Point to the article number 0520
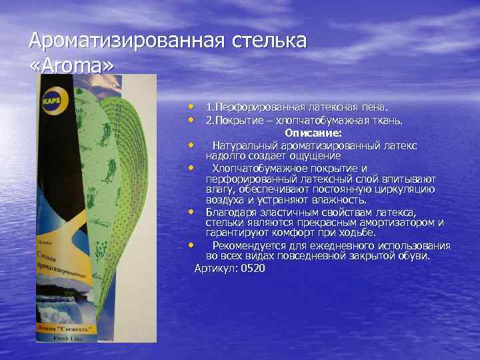[253, 268]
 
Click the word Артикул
[215, 268]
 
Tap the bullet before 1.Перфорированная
[191, 107]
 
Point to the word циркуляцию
[407, 189]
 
